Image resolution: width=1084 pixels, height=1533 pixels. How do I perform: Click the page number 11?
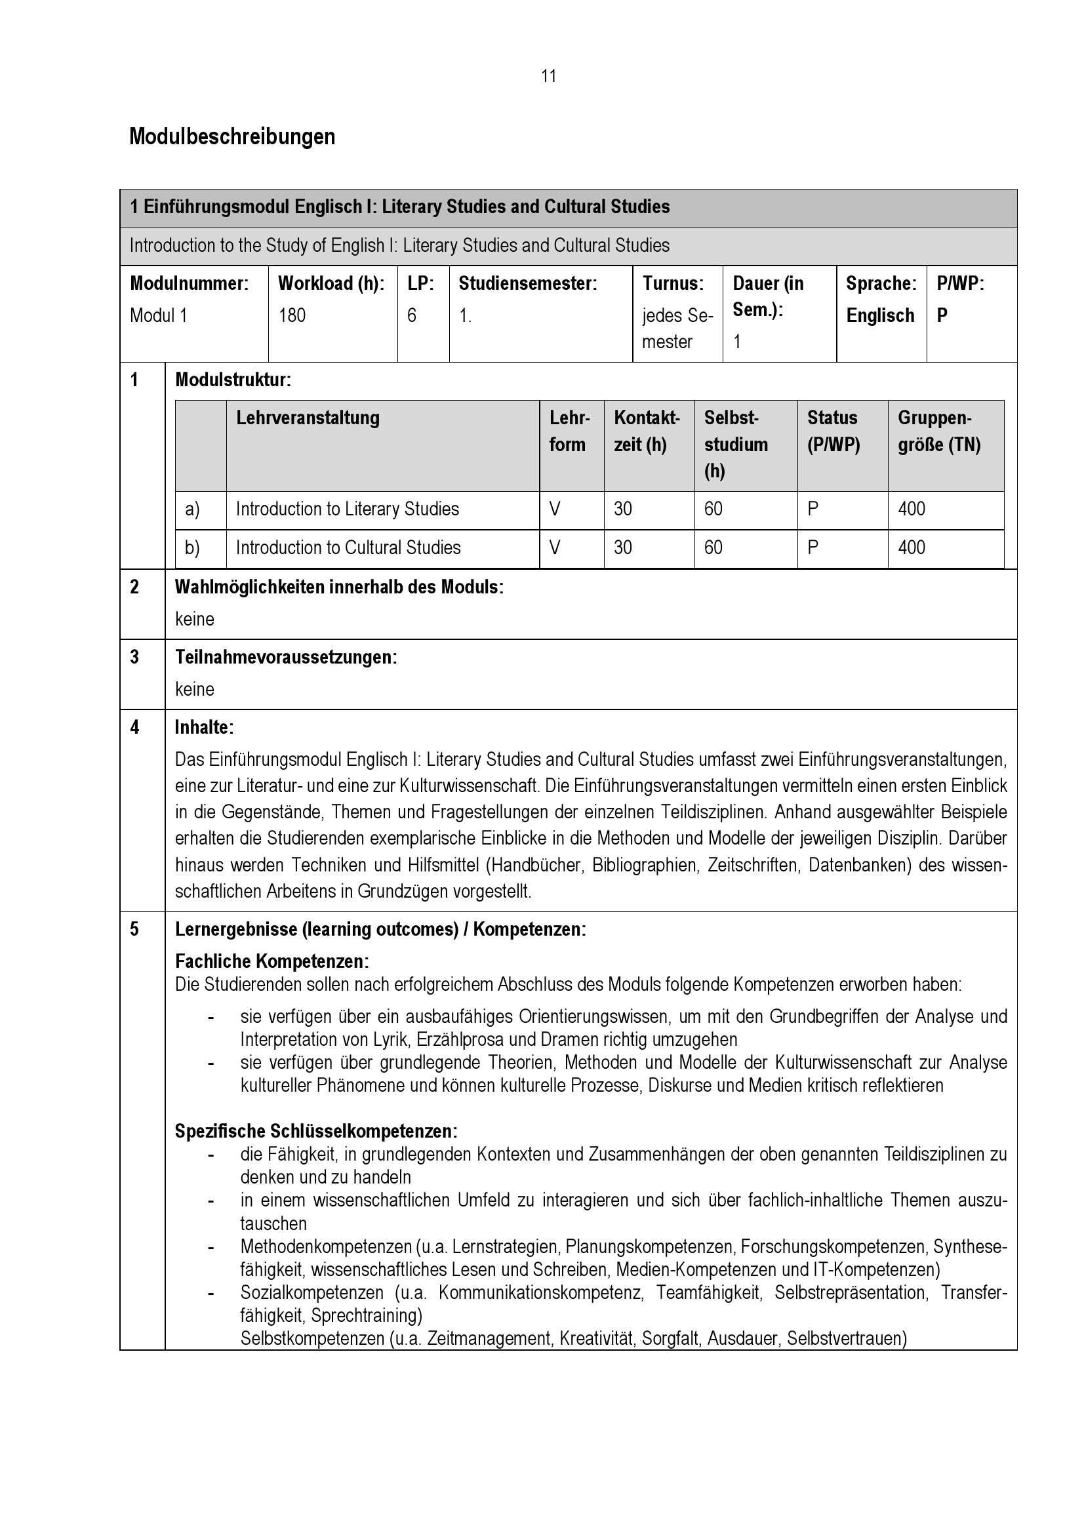coord(548,76)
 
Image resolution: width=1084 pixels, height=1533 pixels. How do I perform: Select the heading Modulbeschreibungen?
coord(231,137)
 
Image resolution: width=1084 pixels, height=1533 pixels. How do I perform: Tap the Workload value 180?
coord(292,315)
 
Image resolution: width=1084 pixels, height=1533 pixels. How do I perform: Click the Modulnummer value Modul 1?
coord(158,315)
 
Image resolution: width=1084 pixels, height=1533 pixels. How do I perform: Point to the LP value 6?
coord(411,315)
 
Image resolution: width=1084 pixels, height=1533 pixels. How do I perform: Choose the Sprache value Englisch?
coord(879,315)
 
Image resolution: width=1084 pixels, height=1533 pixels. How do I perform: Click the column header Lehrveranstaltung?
coord(308,418)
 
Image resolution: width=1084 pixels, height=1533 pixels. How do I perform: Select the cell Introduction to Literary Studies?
coord(348,509)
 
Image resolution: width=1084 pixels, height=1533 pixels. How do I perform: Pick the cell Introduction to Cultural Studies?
coord(348,548)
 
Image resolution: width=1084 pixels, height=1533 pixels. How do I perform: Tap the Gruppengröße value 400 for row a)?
coord(911,509)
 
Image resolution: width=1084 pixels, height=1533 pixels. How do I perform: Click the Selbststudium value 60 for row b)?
coord(713,548)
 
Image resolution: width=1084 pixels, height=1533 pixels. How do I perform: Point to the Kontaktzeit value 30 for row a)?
coord(622,509)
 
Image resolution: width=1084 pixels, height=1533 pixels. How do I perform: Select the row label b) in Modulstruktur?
coord(192,548)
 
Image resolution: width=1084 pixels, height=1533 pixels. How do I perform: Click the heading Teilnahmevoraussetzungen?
coord(286,658)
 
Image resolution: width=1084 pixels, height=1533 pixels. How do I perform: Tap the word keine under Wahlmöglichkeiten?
coord(194,620)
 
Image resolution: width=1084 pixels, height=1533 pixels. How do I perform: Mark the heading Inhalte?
coord(204,728)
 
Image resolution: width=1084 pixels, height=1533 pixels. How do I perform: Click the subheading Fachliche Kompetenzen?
coord(271,961)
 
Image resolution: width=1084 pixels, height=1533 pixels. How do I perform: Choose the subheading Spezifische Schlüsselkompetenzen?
coord(316,1131)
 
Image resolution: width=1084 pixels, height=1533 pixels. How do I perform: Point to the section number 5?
coord(134,929)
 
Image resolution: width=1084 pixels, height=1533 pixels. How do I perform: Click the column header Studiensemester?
coord(528,284)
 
